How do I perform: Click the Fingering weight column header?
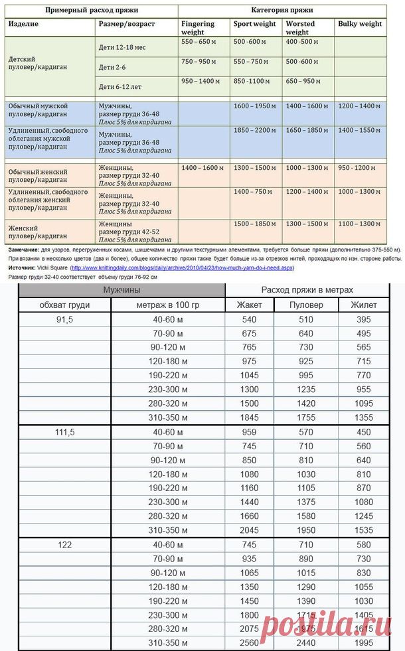click(198, 28)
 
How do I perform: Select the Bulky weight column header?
click(360, 24)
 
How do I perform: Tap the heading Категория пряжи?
click(282, 11)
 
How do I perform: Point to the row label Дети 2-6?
click(113, 67)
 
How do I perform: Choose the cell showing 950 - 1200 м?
click(357, 169)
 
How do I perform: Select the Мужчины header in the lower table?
click(121, 290)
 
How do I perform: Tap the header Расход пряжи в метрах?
click(307, 290)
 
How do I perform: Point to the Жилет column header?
click(363, 305)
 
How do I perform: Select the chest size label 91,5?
click(64, 320)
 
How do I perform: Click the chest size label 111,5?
click(64, 432)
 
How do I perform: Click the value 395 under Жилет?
click(363, 320)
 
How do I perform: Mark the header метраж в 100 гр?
click(167, 305)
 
